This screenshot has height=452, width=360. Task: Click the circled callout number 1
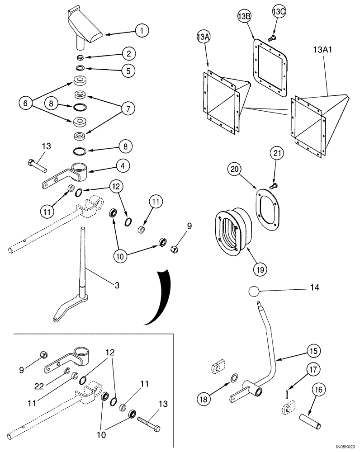click(142, 31)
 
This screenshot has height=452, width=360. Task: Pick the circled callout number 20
click(235, 171)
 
